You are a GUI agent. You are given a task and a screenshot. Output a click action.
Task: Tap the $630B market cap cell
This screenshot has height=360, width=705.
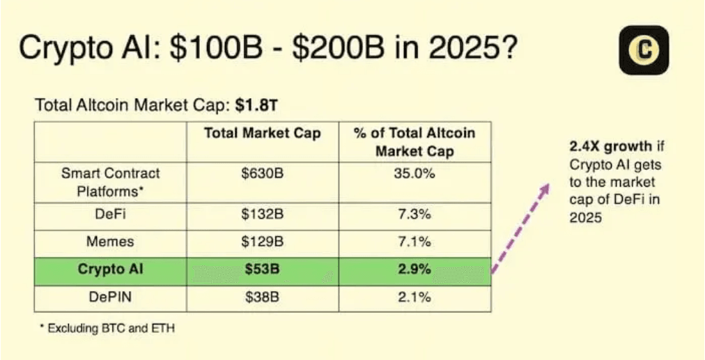pyautogui.click(x=262, y=173)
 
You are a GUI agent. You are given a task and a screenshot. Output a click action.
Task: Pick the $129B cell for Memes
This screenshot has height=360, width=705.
pyautogui.click(x=262, y=242)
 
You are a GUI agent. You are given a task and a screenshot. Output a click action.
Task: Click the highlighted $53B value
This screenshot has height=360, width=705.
pyautogui.click(x=262, y=269)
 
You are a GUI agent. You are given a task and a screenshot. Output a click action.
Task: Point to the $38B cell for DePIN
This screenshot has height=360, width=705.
pyautogui.click(x=262, y=297)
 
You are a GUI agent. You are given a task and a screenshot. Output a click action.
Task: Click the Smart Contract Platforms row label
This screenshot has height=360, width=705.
pyautogui.click(x=110, y=181)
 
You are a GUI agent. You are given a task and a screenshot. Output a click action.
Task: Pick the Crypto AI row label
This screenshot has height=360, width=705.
pyautogui.click(x=110, y=269)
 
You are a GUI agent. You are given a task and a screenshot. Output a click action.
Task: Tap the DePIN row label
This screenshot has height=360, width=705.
pyautogui.click(x=110, y=297)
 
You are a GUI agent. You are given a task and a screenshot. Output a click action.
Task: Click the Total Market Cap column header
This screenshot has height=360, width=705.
pyautogui.click(x=262, y=133)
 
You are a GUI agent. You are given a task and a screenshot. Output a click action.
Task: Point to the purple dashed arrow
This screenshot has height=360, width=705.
pyautogui.click(x=519, y=228)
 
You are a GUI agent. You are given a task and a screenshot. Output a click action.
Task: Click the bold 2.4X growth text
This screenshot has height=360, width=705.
pyautogui.click(x=605, y=147)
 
